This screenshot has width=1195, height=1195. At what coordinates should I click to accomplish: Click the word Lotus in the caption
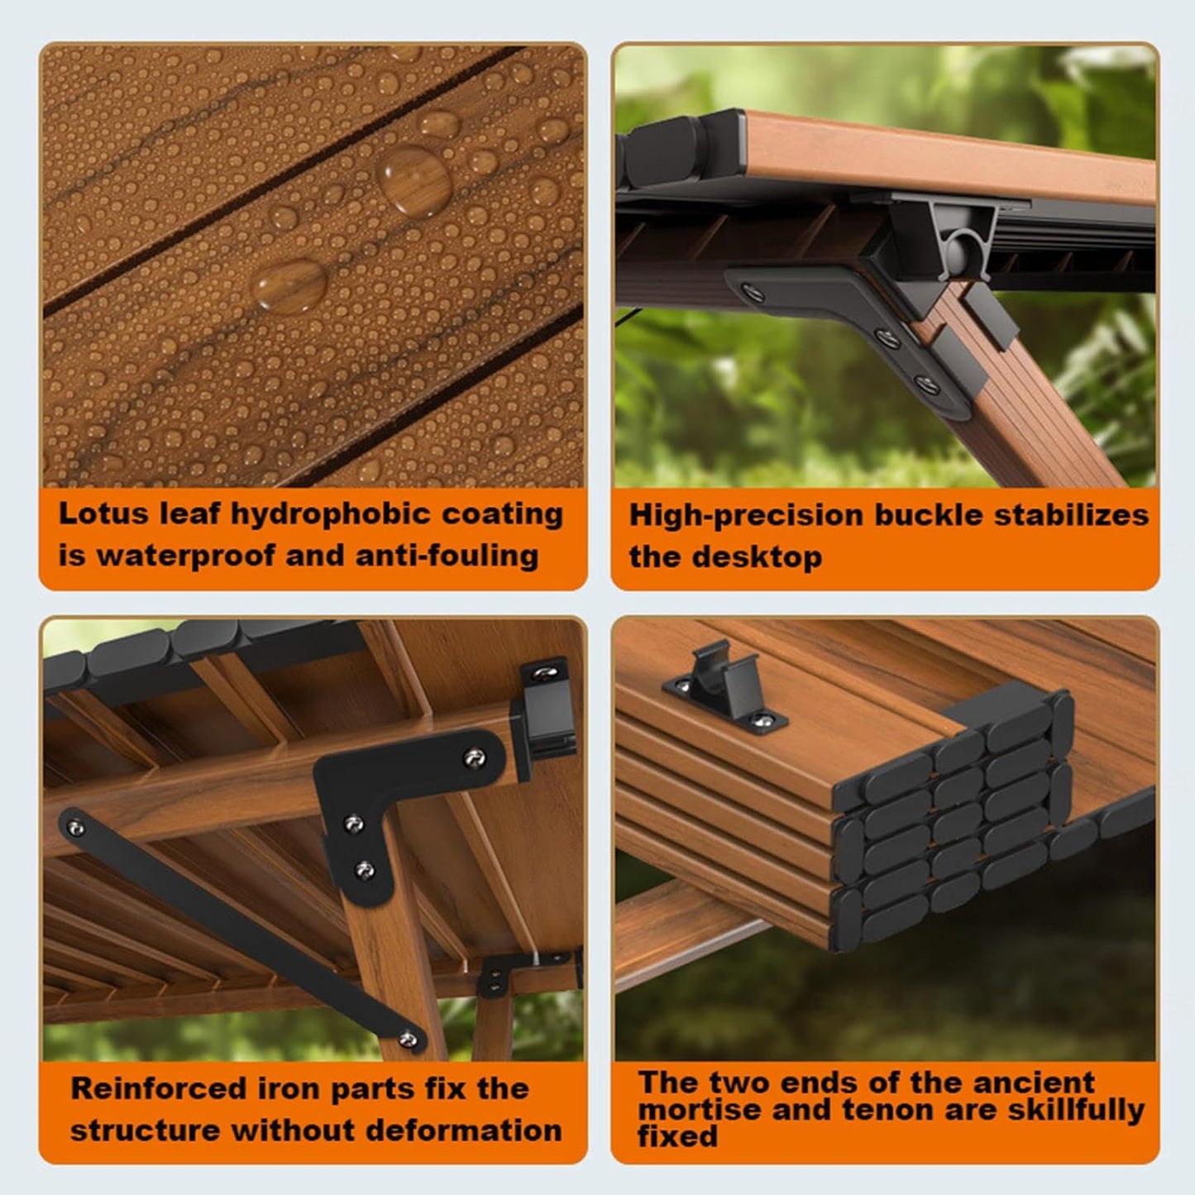pos(104,514)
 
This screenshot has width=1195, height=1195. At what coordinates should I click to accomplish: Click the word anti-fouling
pos(447,555)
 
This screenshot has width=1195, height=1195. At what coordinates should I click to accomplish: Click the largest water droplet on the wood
pos(415,180)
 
